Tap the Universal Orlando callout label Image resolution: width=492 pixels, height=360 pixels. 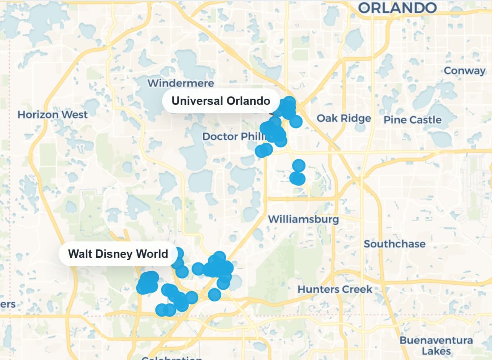point(221,101)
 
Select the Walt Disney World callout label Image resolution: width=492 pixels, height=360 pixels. point(118,254)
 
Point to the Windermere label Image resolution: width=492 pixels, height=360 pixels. point(181,83)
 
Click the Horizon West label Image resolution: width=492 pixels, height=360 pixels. point(53,114)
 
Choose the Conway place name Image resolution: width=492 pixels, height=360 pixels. point(464,71)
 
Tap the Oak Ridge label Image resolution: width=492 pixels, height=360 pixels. point(344,118)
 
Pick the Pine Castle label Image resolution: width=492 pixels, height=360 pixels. point(412,120)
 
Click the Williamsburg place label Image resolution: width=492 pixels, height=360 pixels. point(303,219)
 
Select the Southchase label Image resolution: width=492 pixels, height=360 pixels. point(394,244)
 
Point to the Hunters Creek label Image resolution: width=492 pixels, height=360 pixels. point(335,289)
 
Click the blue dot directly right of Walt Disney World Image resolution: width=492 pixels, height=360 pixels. point(178,253)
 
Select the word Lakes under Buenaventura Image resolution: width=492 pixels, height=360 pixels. point(436,351)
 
